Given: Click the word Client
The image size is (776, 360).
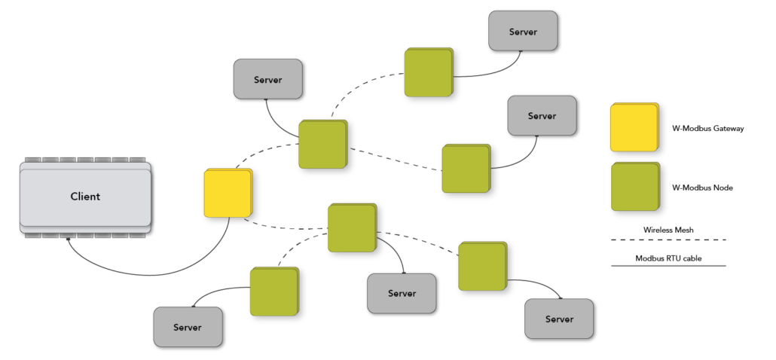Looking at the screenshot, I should (85, 197).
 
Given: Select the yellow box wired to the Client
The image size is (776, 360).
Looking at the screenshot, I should (227, 193).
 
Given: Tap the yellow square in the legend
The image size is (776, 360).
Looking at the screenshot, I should (634, 127).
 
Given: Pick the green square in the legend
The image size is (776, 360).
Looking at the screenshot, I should (634, 186).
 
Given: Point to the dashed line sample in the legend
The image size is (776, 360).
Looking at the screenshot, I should (668, 240).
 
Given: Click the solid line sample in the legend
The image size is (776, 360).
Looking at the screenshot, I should (668, 265).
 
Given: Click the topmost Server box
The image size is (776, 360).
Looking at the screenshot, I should (523, 31).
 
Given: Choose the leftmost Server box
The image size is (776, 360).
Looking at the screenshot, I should (188, 327).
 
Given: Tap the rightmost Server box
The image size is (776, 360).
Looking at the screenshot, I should (559, 319).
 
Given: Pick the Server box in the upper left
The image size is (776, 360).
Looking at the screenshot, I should (267, 79).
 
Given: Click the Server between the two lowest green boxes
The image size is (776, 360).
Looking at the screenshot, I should (402, 293).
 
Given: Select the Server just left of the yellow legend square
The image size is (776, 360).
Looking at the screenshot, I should (542, 115).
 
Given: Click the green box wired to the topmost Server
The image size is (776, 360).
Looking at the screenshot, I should (428, 72).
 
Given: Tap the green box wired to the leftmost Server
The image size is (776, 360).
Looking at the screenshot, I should (273, 291).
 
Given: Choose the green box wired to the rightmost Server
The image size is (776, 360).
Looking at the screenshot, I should (482, 266).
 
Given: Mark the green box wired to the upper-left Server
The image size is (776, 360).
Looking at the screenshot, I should (322, 144).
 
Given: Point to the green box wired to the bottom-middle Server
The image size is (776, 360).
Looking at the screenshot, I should (351, 227).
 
